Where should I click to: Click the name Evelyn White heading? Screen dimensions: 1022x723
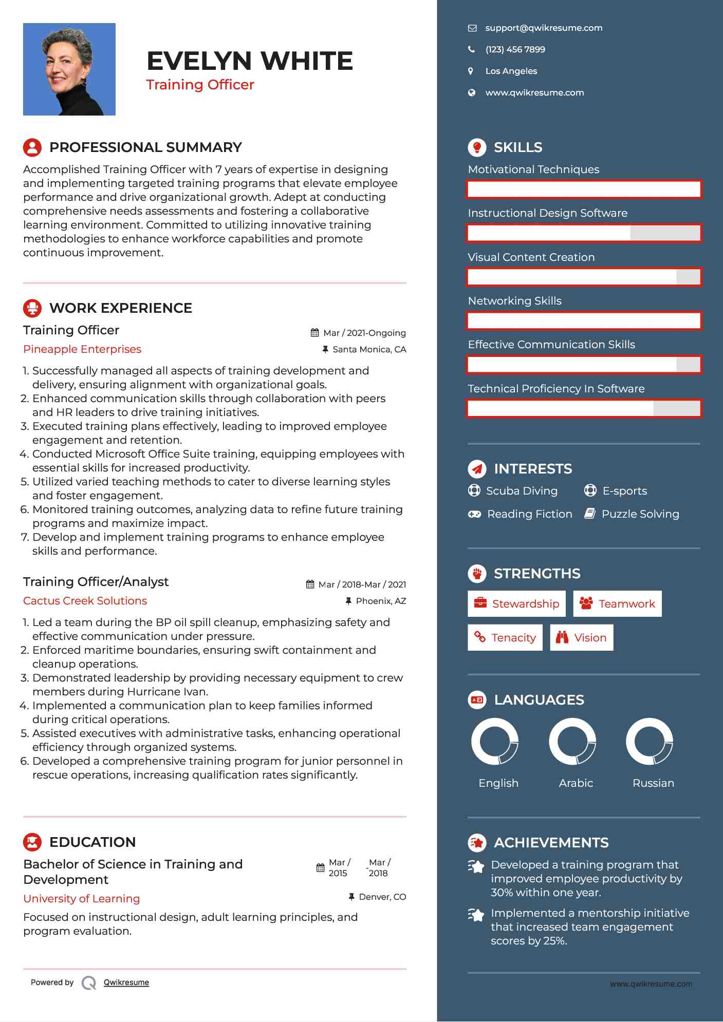click(250, 61)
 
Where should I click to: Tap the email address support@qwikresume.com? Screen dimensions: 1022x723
click(543, 28)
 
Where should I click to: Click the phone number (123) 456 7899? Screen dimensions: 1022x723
click(515, 50)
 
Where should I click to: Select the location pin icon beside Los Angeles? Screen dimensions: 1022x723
click(471, 71)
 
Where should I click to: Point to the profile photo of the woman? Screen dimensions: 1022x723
click(69, 69)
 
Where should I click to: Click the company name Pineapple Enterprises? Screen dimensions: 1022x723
click(82, 349)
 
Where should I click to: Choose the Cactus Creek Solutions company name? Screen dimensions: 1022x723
click(85, 601)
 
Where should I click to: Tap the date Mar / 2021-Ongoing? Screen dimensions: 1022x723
click(364, 333)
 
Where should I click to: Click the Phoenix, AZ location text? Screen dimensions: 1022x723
click(381, 601)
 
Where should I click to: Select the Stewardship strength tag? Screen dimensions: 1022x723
click(516, 604)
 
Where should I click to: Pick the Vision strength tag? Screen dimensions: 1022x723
click(582, 638)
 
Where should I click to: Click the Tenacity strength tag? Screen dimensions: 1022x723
click(505, 638)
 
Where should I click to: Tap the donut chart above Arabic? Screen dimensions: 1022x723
click(572, 742)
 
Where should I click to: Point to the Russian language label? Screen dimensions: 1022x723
click(653, 783)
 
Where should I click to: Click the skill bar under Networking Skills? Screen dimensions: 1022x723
click(584, 321)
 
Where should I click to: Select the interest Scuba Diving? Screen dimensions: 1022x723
click(522, 491)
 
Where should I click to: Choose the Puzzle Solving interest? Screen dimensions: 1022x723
click(640, 514)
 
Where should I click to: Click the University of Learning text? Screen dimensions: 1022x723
click(82, 899)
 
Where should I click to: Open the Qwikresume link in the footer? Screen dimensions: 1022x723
click(126, 982)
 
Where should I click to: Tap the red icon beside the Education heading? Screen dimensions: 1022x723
click(32, 842)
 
